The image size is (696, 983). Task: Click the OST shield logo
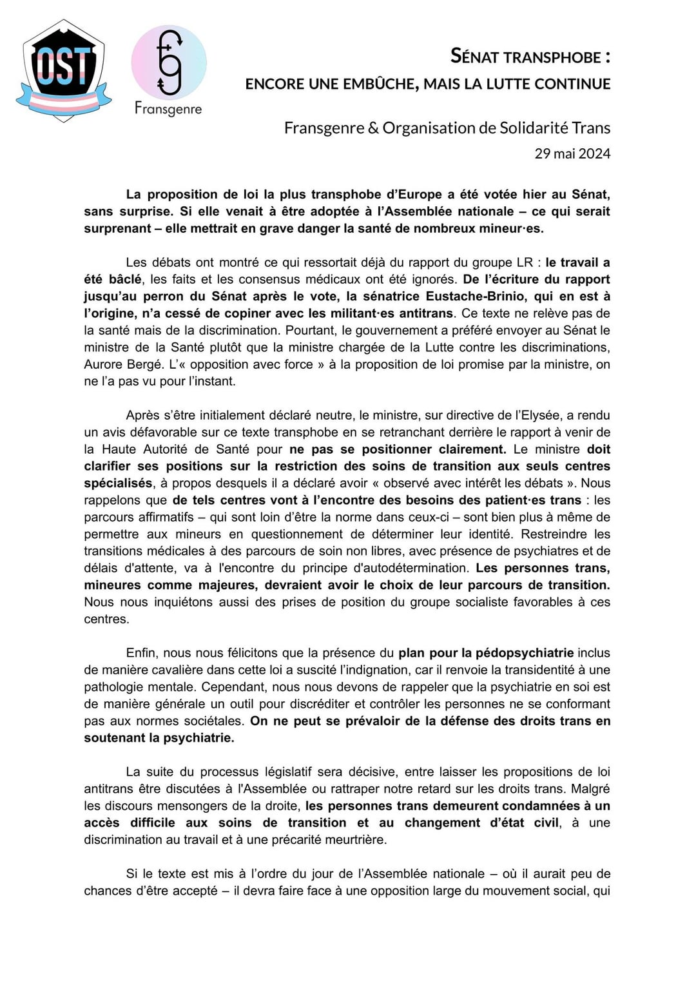click(x=63, y=70)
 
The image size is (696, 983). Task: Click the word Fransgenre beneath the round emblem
click(x=168, y=108)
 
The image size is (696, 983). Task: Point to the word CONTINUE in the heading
click(x=572, y=84)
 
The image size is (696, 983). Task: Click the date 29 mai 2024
click(x=572, y=153)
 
